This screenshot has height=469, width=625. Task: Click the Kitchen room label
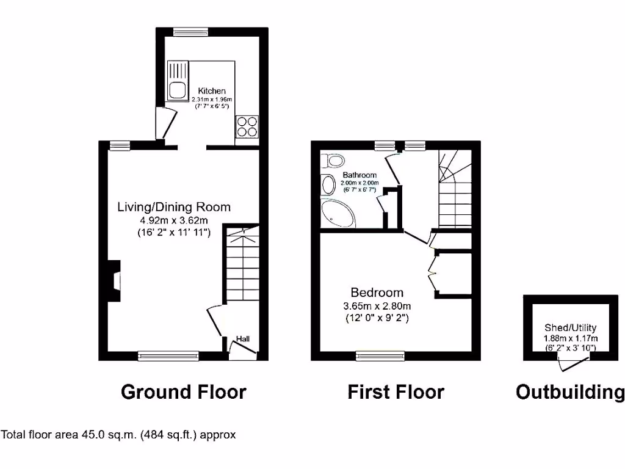(x=211, y=91)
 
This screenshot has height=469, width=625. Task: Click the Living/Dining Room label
(x=174, y=206)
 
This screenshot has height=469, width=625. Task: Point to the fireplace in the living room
(x=114, y=281)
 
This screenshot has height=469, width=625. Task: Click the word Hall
(x=243, y=339)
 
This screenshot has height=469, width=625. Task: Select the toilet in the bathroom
(x=334, y=161)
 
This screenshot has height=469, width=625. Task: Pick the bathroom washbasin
(x=328, y=184)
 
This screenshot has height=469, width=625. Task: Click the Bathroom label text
(x=359, y=175)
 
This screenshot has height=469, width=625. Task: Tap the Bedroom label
(x=377, y=292)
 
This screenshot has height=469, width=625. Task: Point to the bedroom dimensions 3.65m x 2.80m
(x=377, y=305)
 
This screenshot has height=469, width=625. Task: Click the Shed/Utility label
(x=570, y=328)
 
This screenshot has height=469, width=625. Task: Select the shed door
(x=569, y=364)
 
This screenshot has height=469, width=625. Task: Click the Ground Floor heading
(x=183, y=391)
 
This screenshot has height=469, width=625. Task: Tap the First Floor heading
(x=396, y=391)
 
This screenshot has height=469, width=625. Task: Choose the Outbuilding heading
(x=570, y=391)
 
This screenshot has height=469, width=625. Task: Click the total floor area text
(x=118, y=435)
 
